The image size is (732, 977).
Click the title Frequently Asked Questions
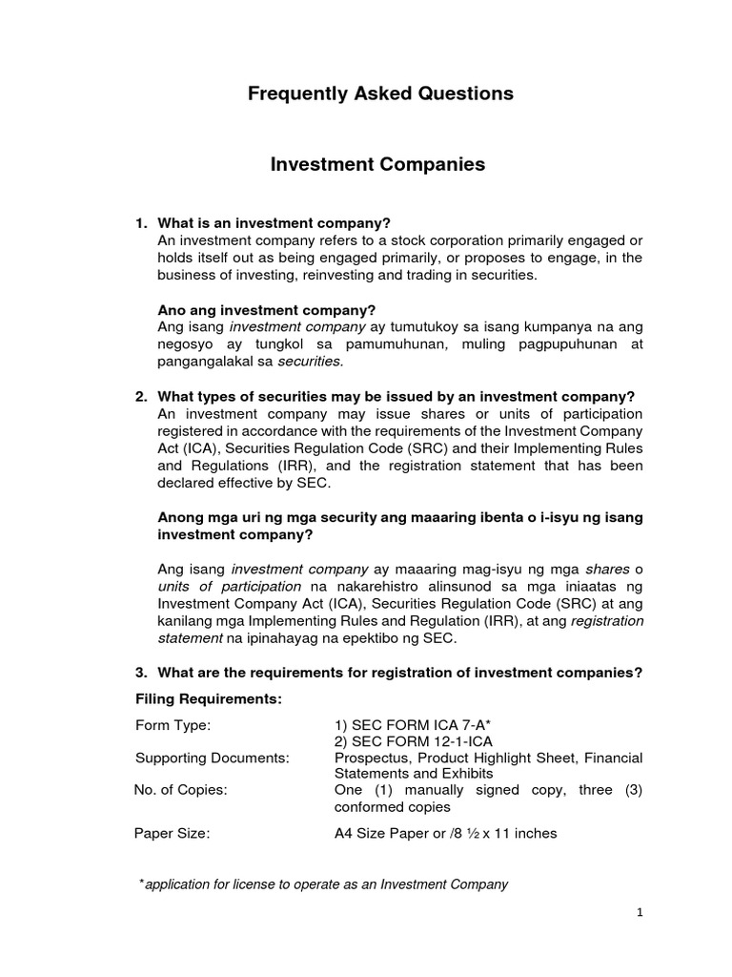(x=380, y=94)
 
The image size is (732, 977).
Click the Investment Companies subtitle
(x=378, y=165)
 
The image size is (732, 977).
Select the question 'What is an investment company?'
(x=274, y=222)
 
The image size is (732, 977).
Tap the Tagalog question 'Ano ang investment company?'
(x=267, y=310)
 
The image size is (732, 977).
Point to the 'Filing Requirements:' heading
(x=209, y=699)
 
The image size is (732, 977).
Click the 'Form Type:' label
(x=173, y=725)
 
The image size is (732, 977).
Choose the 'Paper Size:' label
(x=172, y=833)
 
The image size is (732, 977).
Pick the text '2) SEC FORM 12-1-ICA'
(x=403, y=741)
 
